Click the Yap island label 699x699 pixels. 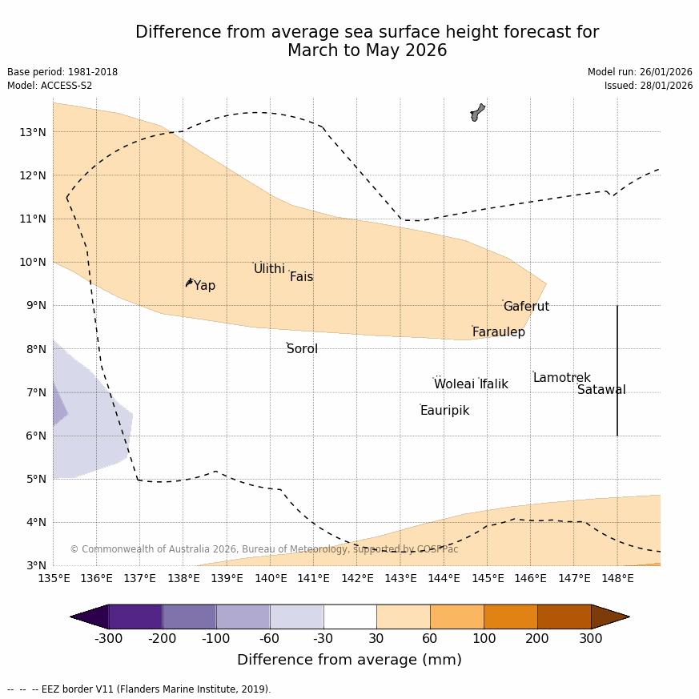(x=204, y=286)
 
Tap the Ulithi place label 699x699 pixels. (x=269, y=269)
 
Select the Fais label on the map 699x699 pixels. (x=301, y=277)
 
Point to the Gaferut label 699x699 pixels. (x=526, y=307)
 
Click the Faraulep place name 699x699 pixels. (x=498, y=332)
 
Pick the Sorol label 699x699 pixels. (x=302, y=349)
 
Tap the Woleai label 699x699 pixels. (x=454, y=384)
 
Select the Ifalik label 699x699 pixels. (x=494, y=384)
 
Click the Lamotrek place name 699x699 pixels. (x=561, y=378)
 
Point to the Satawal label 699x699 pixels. (x=601, y=390)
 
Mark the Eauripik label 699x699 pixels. (x=444, y=411)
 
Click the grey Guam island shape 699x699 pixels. (x=477, y=112)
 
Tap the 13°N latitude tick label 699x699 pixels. (x=32, y=132)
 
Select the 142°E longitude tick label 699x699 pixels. (x=357, y=578)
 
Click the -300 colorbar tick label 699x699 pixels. (x=108, y=639)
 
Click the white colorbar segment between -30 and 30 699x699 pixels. (x=350, y=617)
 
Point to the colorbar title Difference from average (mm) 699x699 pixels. (x=349, y=660)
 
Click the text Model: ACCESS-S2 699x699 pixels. (x=50, y=86)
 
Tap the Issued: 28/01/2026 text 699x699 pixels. (x=649, y=86)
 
